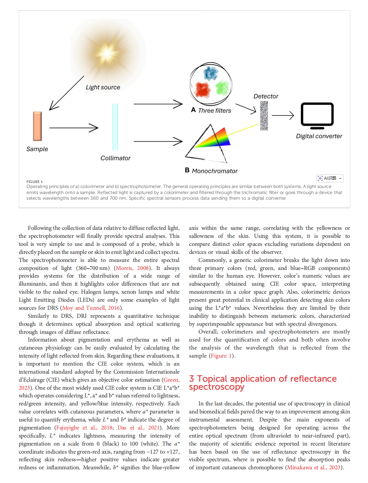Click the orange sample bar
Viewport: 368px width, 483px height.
tap(37, 126)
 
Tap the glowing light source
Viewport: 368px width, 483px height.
tap(107, 53)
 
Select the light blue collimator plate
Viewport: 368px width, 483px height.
tap(115, 127)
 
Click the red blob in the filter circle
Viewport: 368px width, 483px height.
tap(203, 89)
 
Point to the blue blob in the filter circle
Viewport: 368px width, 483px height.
tap(211, 73)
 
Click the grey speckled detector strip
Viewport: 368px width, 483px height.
tap(264, 116)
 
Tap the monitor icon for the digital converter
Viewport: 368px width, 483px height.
tap(317, 115)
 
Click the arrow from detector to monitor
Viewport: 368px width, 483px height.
tap(283, 116)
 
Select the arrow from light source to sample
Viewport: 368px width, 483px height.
tap(67, 93)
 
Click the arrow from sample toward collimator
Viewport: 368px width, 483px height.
tap(74, 128)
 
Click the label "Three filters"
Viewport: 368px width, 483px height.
tap(214, 111)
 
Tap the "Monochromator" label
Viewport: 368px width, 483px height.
tap(215, 171)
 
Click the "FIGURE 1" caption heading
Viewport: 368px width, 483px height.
tap(35, 182)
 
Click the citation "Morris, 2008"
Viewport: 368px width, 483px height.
tap(132, 268)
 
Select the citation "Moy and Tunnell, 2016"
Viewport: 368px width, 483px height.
tap(91, 308)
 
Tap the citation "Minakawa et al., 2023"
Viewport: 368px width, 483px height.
tap(313, 467)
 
